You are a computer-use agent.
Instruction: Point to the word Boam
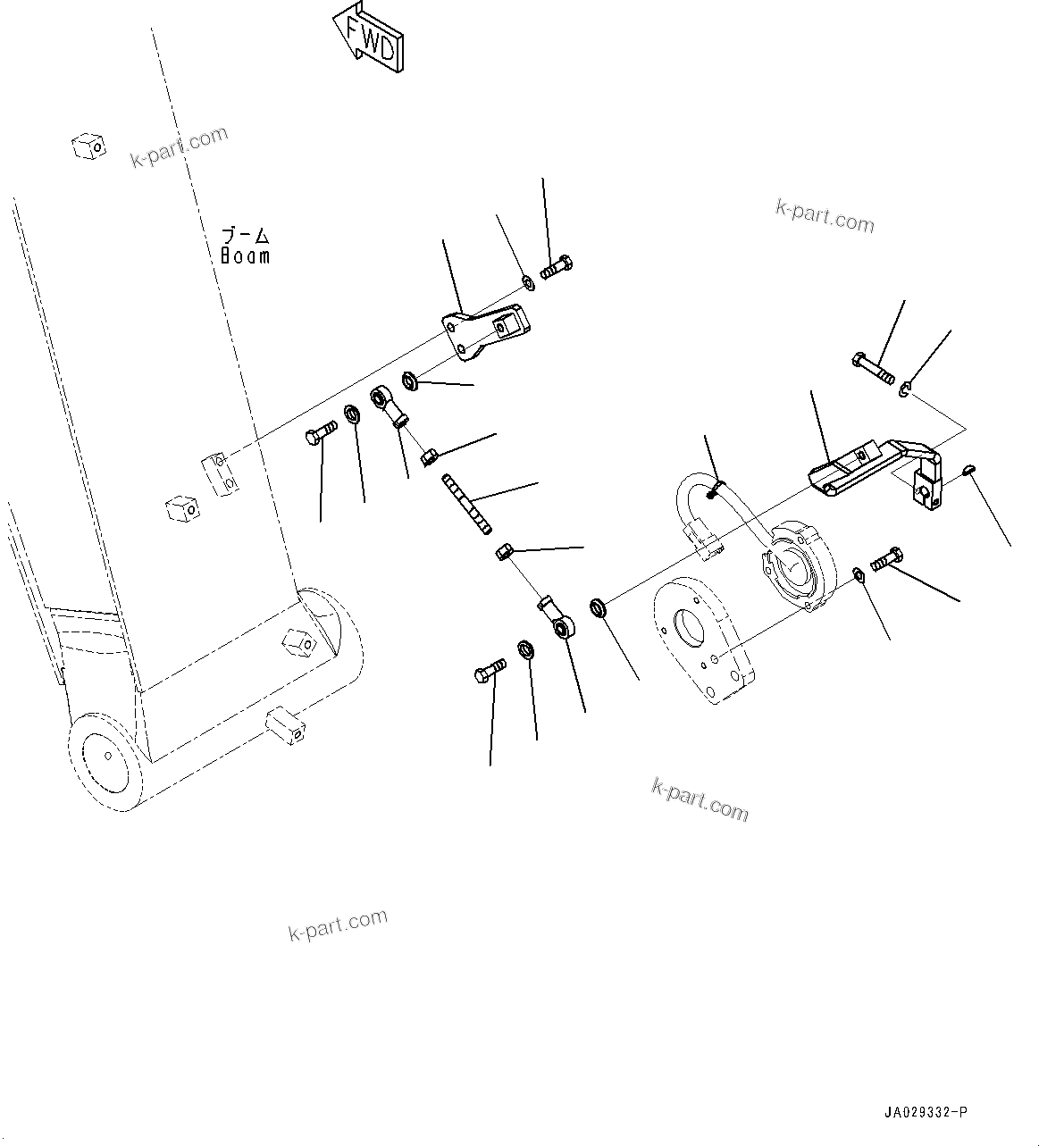pos(245,255)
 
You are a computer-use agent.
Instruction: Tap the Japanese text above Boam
pos(245,236)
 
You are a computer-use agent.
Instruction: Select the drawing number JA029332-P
pos(924,1112)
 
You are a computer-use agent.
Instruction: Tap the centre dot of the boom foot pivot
pos(108,756)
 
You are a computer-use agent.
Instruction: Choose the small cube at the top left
pos(88,146)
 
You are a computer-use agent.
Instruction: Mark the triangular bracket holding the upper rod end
pos(482,332)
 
